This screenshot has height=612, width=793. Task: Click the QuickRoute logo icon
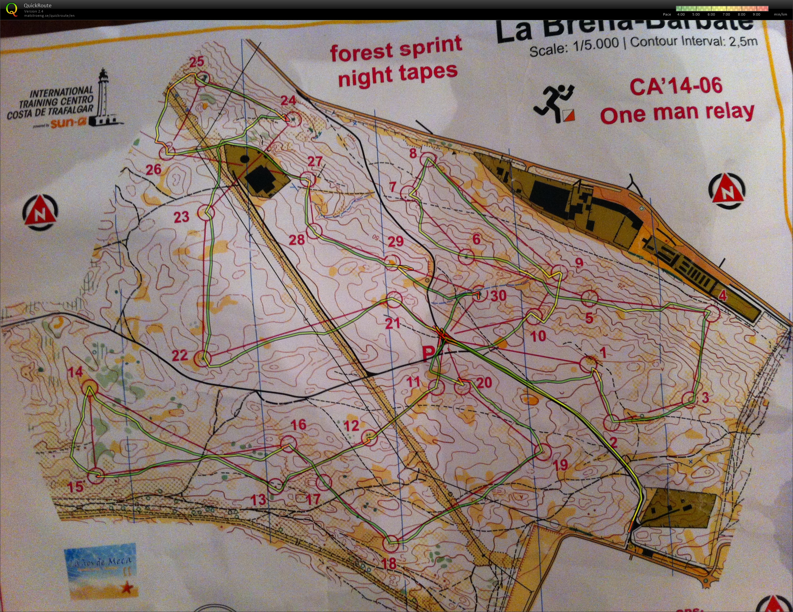pyautogui.click(x=11, y=9)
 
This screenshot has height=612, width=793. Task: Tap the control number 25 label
pyautogui.click(x=197, y=62)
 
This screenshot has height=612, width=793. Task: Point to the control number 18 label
pyautogui.click(x=389, y=563)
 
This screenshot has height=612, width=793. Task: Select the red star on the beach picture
pyautogui.click(x=127, y=587)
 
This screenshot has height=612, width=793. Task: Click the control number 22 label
pyautogui.click(x=180, y=355)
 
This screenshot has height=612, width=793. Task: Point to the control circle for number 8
pyautogui.click(x=428, y=160)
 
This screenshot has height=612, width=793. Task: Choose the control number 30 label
pyautogui.click(x=498, y=295)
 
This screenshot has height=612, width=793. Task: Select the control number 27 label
pyautogui.click(x=315, y=161)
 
